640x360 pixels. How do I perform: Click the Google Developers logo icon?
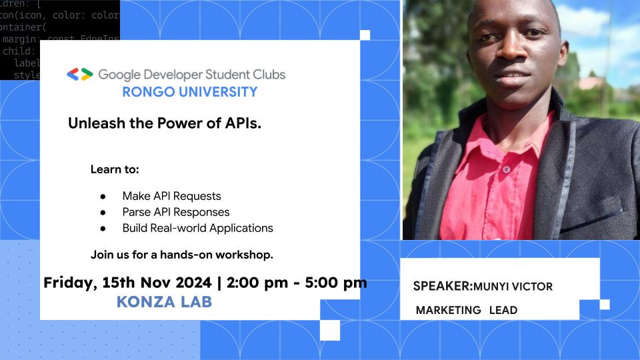79,75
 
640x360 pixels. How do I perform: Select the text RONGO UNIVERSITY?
189,92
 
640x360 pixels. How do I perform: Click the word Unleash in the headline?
93,124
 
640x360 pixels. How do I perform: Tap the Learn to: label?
115,169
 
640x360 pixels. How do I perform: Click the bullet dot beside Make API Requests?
103,197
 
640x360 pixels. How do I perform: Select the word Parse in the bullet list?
137,212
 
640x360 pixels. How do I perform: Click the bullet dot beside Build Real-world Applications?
103,228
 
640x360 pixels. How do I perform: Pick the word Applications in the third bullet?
241,228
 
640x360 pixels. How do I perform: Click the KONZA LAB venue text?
164,302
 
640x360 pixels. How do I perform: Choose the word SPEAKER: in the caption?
442,286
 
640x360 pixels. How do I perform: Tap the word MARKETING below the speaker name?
448,310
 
